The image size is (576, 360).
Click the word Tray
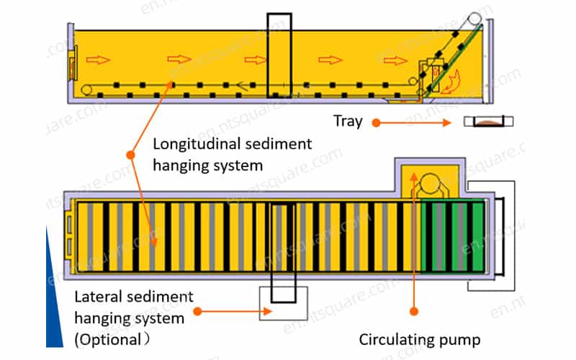(x=348, y=121)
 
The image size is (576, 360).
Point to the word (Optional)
(x=112, y=339)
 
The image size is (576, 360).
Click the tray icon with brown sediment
(x=488, y=121)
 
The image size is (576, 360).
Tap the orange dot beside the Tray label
(x=376, y=122)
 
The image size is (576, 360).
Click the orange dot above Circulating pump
(x=414, y=312)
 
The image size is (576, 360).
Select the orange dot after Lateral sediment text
(x=197, y=312)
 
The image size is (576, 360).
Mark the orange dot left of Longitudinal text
(x=130, y=155)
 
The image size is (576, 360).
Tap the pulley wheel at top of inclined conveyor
(x=474, y=19)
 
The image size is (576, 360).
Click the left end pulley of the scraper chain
(x=86, y=89)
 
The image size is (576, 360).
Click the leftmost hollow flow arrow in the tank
(x=98, y=60)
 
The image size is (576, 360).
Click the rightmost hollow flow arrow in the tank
(x=395, y=60)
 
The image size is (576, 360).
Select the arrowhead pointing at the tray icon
(x=447, y=122)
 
